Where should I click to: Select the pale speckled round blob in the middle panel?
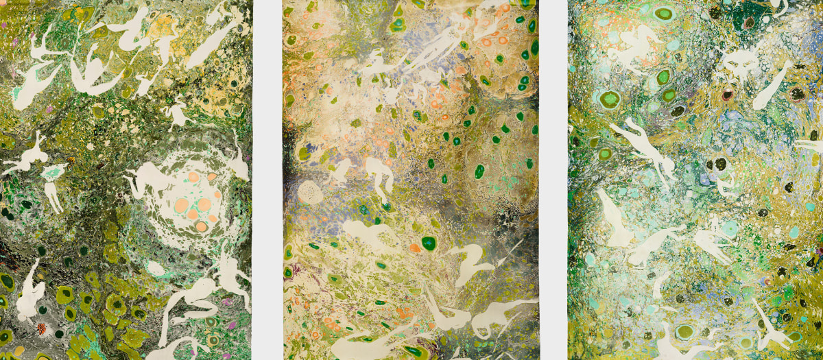pyautogui.click(x=311, y=192)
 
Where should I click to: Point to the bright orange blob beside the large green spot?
pyautogui.click(x=414, y=248)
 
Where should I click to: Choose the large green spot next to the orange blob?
pyautogui.click(x=429, y=243)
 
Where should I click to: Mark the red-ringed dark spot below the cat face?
pyautogui.click(x=728, y=95)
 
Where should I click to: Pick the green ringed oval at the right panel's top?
pyautogui.click(x=663, y=13)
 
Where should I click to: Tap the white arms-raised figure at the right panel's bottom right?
pyautogui.click(x=769, y=322)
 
